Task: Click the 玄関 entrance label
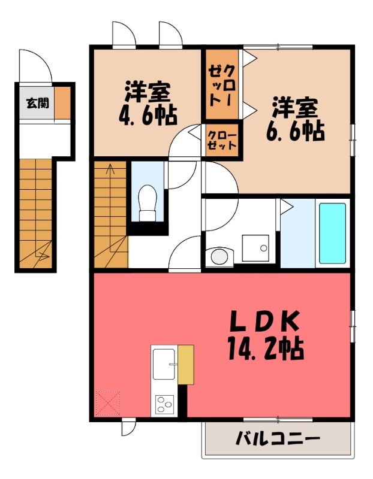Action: pos(37,104)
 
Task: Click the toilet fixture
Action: pos(147,203)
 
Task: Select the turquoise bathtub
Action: pos(332,233)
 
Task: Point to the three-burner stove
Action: pos(164,405)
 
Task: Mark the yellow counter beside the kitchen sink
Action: pos(185,365)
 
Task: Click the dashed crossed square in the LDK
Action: pos(108,404)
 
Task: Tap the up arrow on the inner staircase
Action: pos(110,170)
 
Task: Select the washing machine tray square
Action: pos(257,247)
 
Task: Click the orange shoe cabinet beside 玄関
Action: pos(63,103)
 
